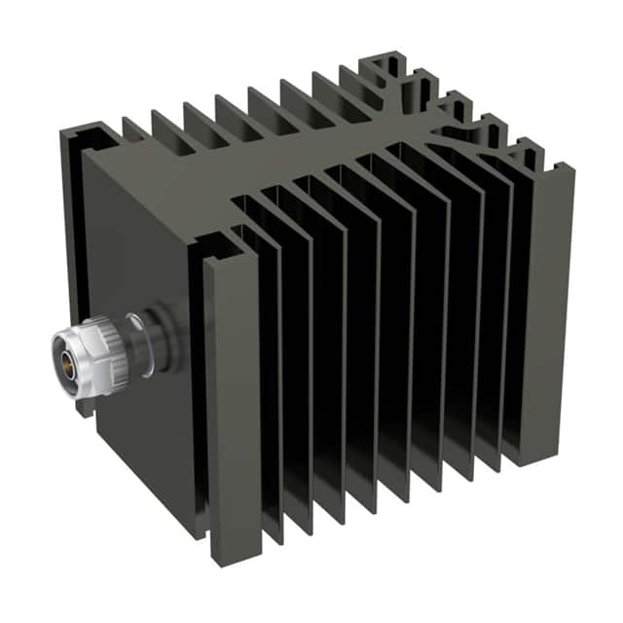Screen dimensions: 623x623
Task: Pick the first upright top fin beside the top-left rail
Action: click(x=136, y=131)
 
